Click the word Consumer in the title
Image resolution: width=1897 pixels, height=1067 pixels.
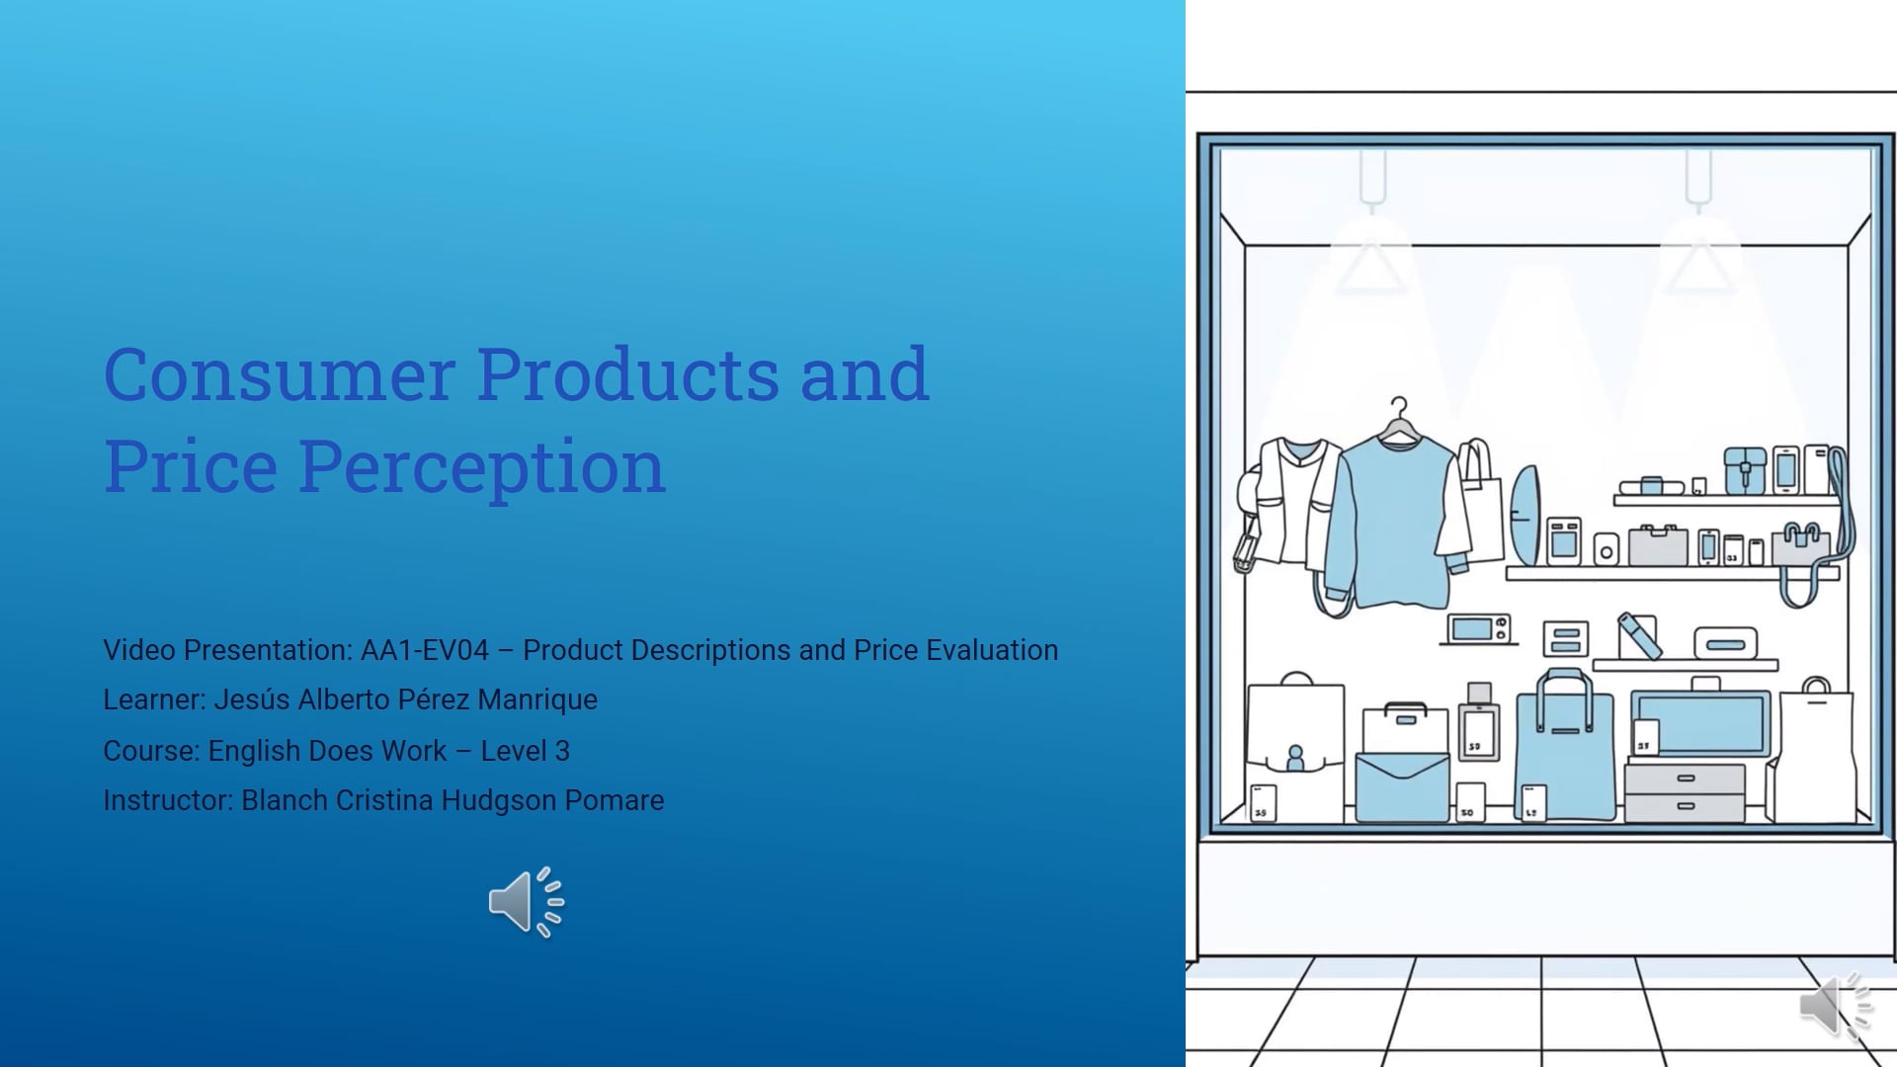pos(278,375)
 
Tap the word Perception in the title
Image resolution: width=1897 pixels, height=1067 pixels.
pos(482,466)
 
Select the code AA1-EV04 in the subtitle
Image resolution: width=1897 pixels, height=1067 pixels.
pos(424,650)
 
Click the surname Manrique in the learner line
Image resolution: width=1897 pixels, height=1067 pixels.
pos(537,699)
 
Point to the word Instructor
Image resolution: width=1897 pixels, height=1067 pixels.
pos(167,800)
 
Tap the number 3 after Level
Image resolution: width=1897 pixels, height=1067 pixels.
pos(562,751)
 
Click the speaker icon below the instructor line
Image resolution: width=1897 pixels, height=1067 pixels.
pos(525,902)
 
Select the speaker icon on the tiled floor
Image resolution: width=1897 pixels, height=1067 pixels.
pos(1834,1005)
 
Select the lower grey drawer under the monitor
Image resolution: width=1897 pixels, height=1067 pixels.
pos(1685,807)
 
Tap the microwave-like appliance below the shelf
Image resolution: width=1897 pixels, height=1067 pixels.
pos(1478,628)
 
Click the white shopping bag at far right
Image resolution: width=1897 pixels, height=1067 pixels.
pos(1815,756)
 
